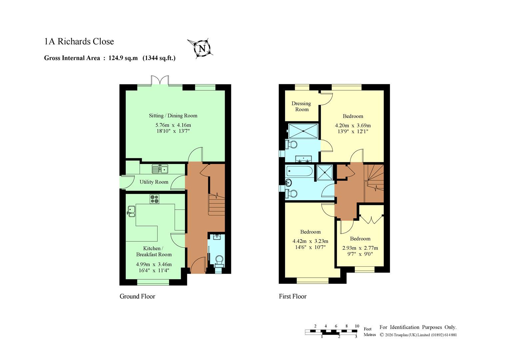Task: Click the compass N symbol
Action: (202, 48)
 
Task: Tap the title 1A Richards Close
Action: (79, 42)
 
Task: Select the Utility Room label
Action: (154, 182)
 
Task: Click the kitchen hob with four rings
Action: (155, 199)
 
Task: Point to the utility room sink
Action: (160, 169)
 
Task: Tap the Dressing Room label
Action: (301, 106)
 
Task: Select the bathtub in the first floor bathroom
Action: (299, 171)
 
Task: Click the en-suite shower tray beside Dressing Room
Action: (303, 131)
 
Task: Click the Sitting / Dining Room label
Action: (173, 116)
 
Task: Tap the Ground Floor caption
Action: (137, 296)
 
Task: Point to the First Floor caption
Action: (293, 296)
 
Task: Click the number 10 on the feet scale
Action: (357, 326)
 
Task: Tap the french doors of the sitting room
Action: (160, 80)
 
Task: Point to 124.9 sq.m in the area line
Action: (123, 58)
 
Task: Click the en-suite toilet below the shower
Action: (291, 144)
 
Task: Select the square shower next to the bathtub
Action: (325, 173)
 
